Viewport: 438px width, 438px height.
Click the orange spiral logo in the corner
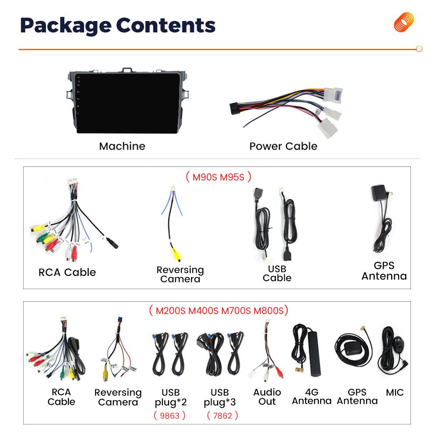(x=404, y=22)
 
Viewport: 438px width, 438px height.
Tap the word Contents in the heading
(x=166, y=25)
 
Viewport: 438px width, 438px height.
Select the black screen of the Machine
(x=128, y=103)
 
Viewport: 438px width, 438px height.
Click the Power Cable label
(x=283, y=146)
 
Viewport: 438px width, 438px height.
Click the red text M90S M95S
(x=219, y=177)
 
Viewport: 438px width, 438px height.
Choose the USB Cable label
(x=277, y=273)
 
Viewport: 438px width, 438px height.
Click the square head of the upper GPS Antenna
(x=378, y=192)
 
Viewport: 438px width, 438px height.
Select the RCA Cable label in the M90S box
(x=67, y=272)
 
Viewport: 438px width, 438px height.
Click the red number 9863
(x=169, y=416)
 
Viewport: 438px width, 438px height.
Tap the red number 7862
(x=223, y=416)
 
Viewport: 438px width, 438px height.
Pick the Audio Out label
(x=267, y=397)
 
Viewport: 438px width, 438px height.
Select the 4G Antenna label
(x=312, y=397)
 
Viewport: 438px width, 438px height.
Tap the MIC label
(x=395, y=392)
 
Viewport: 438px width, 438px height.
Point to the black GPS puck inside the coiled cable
(x=353, y=348)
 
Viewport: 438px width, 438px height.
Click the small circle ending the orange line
(x=419, y=49)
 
